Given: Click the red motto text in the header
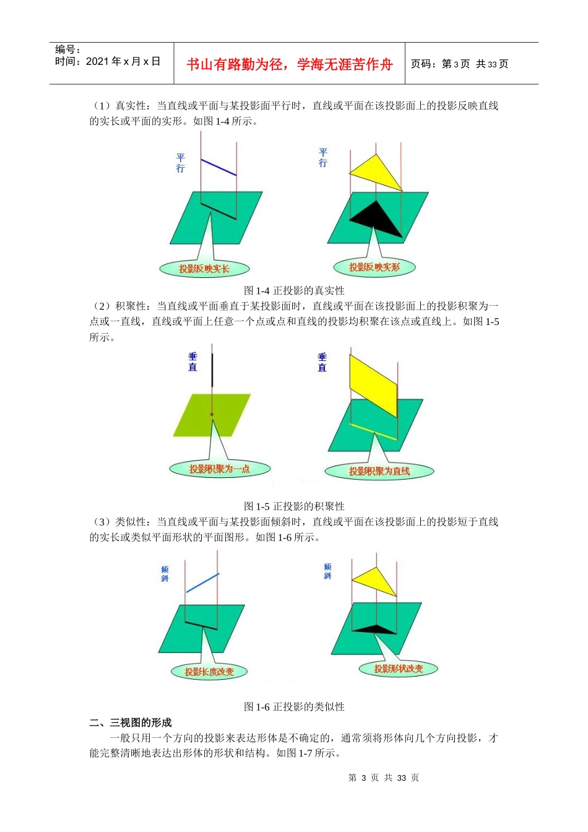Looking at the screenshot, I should click(289, 64).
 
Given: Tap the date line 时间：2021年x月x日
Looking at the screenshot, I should click(108, 61).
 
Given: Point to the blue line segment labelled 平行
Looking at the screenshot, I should click(218, 167).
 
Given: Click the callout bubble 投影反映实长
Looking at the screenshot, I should click(204, 269).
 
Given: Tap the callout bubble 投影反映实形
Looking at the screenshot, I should click(374, 267).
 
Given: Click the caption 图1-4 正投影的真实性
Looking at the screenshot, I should click(294, 290).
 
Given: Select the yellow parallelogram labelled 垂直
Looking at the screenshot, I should click(373, 384).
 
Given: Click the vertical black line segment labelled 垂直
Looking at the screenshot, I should click(212, 370).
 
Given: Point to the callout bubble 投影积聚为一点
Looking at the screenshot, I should click(220, 469).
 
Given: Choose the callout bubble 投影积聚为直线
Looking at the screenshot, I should click(379, 471).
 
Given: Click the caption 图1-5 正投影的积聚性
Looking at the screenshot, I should click(294, 506).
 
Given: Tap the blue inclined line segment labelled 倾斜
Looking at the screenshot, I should click(202, 583).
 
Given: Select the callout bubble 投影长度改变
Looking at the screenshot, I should click(209, 672).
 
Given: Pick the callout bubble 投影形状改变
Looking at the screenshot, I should click(399, 669).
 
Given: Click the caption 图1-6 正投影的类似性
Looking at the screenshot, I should click(294, 707).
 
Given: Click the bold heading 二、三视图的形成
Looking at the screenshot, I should click(131, 722).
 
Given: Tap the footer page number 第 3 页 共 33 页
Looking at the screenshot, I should click(384, 778).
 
